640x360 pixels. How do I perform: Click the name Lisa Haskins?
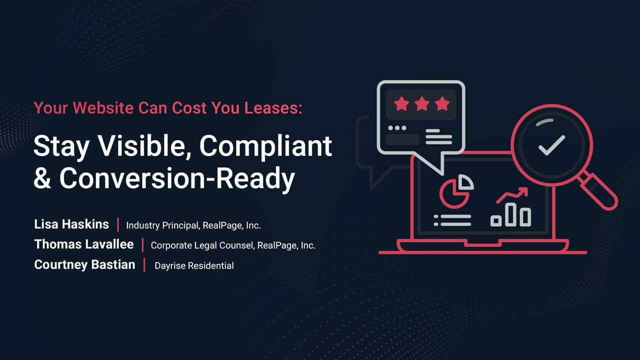coord(71,224)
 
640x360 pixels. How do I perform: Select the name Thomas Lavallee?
coord(84,244)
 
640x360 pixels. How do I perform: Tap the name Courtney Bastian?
coord(84,264)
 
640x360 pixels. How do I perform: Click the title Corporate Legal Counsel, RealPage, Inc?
coord(233,245)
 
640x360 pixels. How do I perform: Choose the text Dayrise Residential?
coord(194,266)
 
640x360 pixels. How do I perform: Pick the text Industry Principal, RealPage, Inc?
coord(193,225)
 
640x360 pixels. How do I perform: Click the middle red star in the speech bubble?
coord(421,104)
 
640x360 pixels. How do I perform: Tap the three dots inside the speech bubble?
coord(397,128)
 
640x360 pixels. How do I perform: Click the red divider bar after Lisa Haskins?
coord(118,225)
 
